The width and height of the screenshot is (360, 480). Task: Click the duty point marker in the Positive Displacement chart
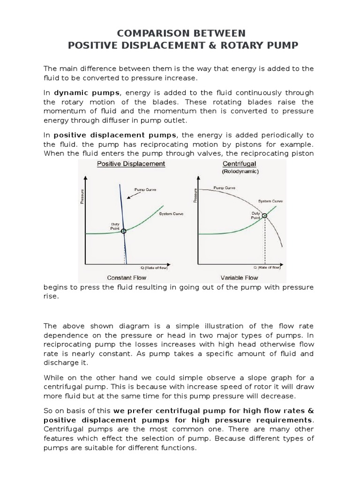[123, 232]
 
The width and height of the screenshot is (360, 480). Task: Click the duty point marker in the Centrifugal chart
[264, 216]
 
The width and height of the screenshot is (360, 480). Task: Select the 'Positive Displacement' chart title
[131, 164]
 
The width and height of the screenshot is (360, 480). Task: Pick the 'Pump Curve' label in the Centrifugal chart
[225, 187]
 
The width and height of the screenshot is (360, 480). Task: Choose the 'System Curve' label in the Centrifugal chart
[271, 201]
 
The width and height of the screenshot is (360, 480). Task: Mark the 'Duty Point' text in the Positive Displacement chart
[115, 225]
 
